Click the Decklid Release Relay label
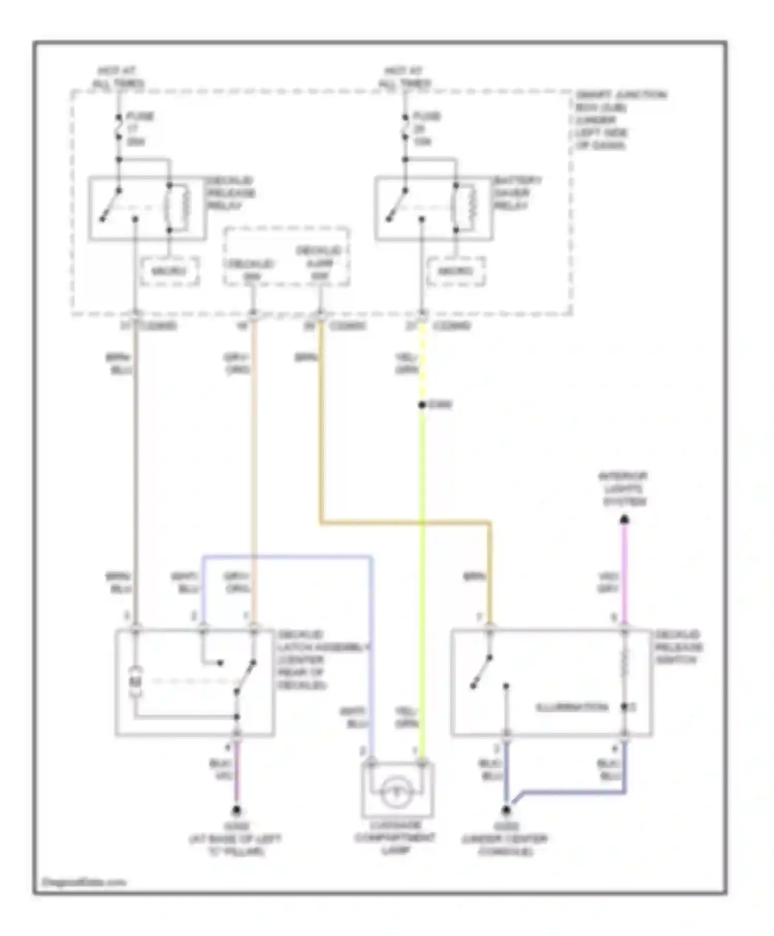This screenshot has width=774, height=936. [x=231, y=193]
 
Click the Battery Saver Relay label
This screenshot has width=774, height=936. [x=517, y=193]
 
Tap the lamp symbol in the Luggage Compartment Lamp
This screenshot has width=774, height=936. [x=396, y=792]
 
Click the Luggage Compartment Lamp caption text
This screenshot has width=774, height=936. [x=395, y=838]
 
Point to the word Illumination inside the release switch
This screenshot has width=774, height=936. [x=572, y=707]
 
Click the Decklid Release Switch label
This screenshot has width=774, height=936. [x=678, y=647]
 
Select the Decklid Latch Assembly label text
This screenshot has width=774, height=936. [x=322, y=659]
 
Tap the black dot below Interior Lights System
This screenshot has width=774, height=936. [x=624, y=519]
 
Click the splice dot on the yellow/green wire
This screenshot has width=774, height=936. [x=422, y=405]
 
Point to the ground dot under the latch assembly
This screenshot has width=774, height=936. [x=236, y=810]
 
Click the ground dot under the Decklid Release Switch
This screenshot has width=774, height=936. [x=507, y=810]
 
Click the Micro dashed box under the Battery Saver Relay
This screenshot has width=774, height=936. [x=456, y=271]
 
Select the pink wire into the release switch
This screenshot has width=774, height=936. [x=624, y=573]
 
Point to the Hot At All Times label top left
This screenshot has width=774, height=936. [x=118, y=77]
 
